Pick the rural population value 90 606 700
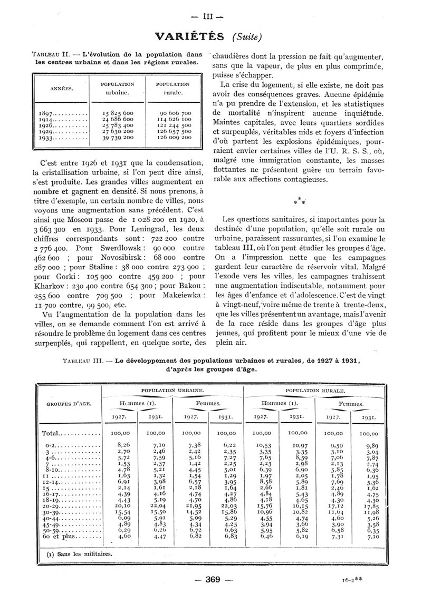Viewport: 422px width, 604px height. pos(175,113)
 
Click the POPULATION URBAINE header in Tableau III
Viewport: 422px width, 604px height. pos(172,390)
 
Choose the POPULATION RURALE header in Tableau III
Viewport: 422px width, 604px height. pos(315,391)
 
